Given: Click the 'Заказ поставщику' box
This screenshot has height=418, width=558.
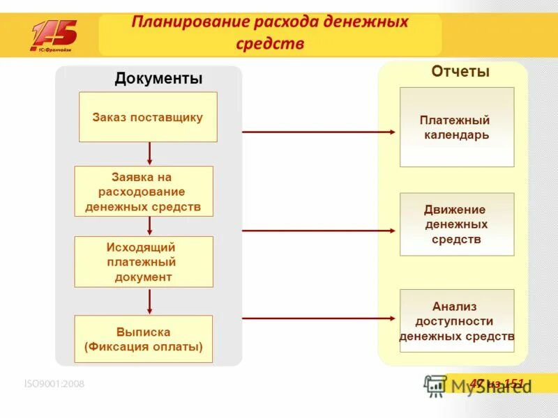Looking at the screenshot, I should (148, 117).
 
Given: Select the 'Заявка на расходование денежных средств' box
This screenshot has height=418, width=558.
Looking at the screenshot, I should (144, 191).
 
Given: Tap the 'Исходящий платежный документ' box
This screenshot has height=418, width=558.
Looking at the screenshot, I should (144, 262).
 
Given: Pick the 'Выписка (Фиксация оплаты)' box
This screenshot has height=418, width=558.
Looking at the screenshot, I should (144, 340).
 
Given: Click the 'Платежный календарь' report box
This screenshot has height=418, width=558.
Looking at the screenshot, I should (457, 127).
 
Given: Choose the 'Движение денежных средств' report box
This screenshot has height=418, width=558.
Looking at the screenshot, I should (457, 224).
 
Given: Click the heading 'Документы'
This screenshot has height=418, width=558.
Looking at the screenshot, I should (158, 79).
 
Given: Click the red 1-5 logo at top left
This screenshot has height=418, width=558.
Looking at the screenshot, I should (54, 36).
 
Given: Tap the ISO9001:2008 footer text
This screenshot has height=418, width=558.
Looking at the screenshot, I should (54, 383).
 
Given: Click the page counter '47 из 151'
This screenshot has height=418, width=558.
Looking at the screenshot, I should (496, 383).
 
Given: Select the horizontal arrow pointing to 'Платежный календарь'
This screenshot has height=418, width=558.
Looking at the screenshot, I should (319, 131).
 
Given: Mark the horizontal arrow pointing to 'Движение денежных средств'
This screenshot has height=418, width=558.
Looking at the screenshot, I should (319, 230).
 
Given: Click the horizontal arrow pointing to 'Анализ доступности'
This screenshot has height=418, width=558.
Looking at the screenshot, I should (319, 318).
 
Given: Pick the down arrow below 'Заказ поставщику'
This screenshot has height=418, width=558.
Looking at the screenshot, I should (149, 153).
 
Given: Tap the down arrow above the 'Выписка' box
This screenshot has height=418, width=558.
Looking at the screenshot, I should (149, 301).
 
